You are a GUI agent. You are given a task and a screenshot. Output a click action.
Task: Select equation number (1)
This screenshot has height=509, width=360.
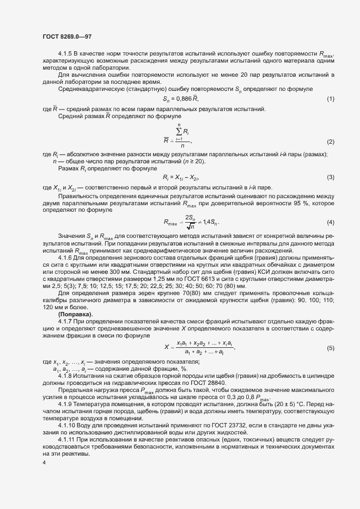(x=330, y=99)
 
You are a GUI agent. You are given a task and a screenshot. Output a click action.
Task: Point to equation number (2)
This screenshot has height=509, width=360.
(x=330, y=142)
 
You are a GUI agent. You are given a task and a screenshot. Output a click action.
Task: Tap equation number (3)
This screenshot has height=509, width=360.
(x=330, y=177)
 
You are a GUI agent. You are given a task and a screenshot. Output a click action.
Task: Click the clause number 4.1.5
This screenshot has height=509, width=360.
(x=65, y=56)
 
